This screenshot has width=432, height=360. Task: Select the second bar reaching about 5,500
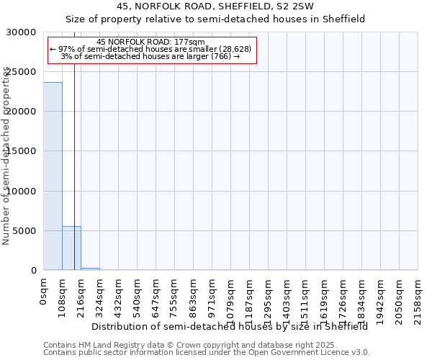[71, 248]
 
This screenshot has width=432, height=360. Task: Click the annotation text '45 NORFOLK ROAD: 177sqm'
[150, 42]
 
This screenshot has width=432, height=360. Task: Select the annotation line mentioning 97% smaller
[150, 49]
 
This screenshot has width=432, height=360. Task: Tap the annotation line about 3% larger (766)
[150, 56]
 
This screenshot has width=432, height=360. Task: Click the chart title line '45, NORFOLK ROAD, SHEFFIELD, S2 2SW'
[215, 6]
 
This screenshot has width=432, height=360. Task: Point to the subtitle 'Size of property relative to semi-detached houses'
[215, 19]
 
